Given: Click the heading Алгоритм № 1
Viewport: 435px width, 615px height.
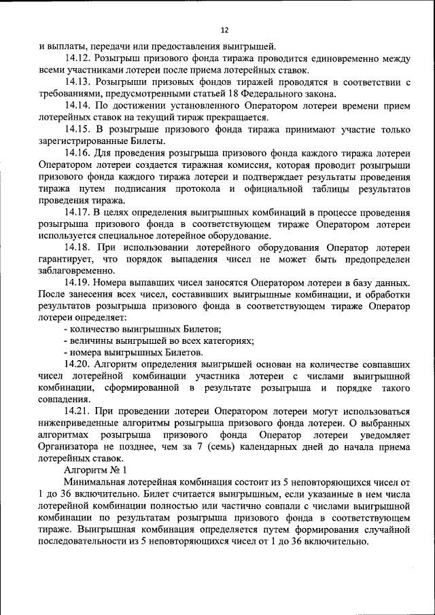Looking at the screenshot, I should pos(95,470).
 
